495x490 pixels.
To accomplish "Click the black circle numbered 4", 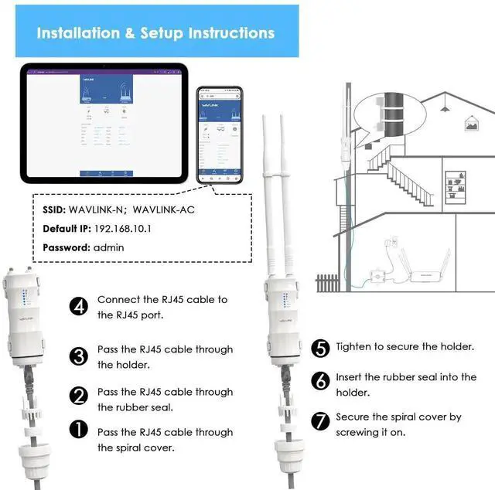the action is tap(79, 306).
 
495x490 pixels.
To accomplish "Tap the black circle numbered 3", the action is tap(79, 356).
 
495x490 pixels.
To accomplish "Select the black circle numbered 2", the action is tap(79, 397).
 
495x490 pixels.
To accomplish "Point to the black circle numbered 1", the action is tap(79, 430).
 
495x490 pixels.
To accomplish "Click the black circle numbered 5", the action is tap(320, 348).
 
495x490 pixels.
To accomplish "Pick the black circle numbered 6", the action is tap(320, 381).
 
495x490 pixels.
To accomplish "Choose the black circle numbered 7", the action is tap(320, 422).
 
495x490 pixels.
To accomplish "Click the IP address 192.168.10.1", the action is tap(121, 229).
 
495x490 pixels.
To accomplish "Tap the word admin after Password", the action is tap(110, 247).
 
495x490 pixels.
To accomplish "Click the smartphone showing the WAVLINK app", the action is tap(219, 135).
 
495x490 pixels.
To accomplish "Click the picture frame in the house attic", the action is tap(470, 122).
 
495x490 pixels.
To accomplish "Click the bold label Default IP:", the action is tap(66, 229).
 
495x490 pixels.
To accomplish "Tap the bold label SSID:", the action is tap(53, 209).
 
